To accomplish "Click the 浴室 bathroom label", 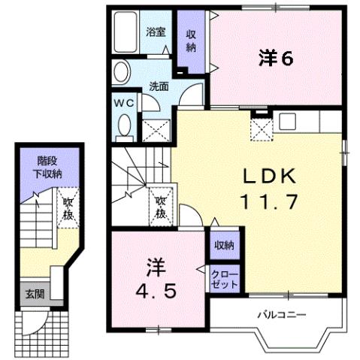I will tap(157, 32).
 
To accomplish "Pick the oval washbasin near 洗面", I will tap(122, 73).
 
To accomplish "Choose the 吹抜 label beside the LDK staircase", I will tap(160, 207).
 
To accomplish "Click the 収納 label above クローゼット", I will tap(223, 245).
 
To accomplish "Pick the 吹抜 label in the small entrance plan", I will tap(67, 207).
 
